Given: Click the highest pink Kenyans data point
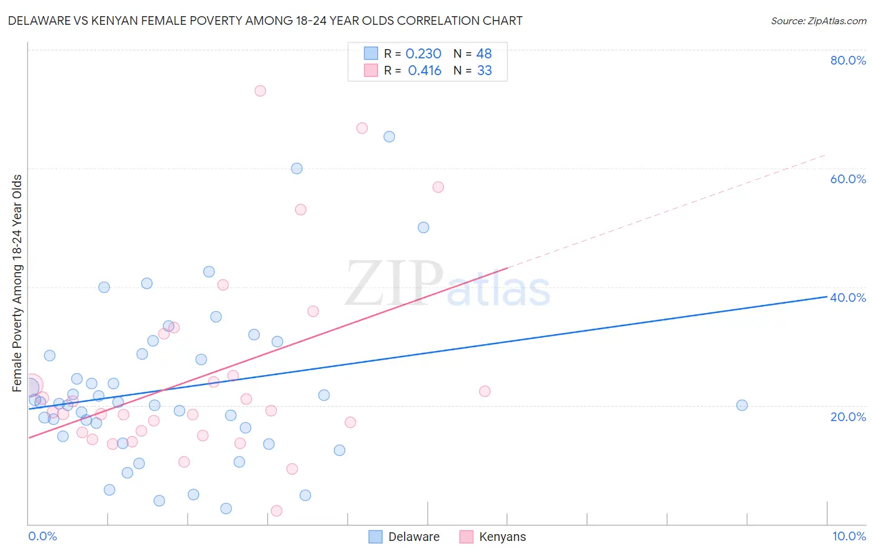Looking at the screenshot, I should tap(260, 91).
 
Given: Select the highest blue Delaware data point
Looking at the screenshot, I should tap(389, 137).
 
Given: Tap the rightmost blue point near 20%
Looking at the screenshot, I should tap(742, 405).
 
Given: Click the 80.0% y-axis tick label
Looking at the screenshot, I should tap(848, 60).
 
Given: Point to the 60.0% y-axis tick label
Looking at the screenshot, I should tap(848, 179).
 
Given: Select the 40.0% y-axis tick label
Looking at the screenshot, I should tap(848, 297).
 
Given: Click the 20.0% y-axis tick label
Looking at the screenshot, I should tap(848, 416).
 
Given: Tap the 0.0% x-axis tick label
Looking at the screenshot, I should tap(42, 536).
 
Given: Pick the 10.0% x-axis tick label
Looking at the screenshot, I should tap(849, 536).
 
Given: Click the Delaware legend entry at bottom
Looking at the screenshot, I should tap(413, 537).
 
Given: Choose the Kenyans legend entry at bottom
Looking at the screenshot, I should tap(502, 537).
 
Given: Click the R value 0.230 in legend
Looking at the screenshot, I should tap(423, 54).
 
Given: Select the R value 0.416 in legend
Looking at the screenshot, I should tap(425, 71).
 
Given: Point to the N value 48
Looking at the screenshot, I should tap(484, 54).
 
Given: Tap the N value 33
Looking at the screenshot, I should tap(484, 71).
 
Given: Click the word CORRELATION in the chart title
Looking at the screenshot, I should tap(438, 20).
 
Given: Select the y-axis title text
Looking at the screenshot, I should tap(17, 283).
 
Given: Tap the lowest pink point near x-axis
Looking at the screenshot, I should tap(277, 511).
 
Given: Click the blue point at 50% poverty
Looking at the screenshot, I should tap(423, 227).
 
